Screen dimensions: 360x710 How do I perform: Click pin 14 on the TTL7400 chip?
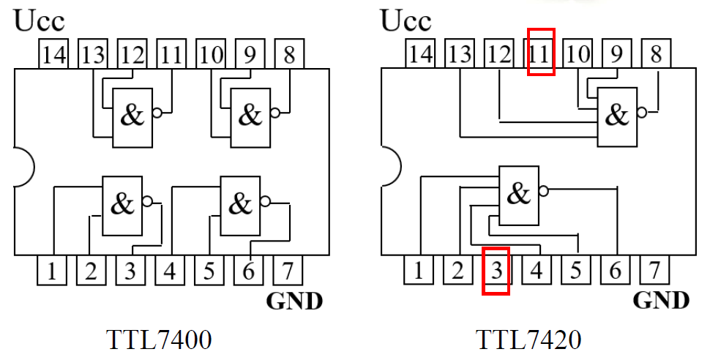[53, 55]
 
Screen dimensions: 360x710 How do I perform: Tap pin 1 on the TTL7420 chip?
[418, 271]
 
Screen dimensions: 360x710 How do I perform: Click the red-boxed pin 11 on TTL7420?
[541, 53]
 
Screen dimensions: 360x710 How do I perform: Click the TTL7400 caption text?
[159, 340]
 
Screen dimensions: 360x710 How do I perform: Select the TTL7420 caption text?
[528, 340]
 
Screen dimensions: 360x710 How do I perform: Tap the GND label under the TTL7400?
[295, 301]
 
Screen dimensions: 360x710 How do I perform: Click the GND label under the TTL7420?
[661, 301]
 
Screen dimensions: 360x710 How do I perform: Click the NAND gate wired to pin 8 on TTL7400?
[250, 116]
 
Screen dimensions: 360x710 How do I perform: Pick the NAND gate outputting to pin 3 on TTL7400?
[122, 205]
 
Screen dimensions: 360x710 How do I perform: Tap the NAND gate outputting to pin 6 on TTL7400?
[241, 205]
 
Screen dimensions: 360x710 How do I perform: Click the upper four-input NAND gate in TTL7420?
[617, 115]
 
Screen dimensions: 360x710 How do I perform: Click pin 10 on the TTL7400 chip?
[211, 55]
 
